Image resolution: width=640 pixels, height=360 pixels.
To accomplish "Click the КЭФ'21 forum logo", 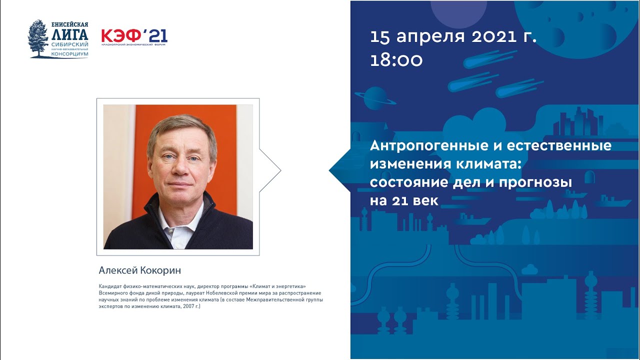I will [134, 36].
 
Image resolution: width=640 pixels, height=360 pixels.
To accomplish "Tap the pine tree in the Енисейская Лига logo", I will [38, 37].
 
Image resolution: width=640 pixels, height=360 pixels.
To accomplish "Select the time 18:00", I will [396, 60].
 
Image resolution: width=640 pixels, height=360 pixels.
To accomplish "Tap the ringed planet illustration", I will [374, 98].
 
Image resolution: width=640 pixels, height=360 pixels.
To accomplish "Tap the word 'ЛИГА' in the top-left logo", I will [69, 34].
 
